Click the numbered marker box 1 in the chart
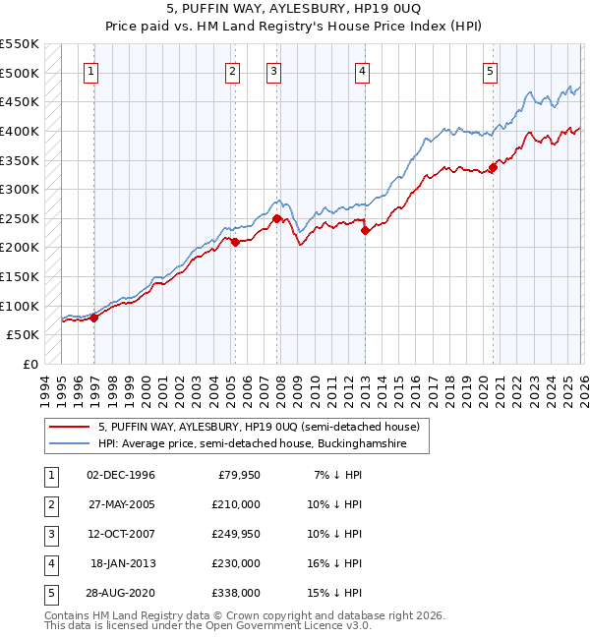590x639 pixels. point(90,70)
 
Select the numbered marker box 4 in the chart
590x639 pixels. point(363,70)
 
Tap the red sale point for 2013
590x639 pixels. point(365,231)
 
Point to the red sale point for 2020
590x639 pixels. point(493,167)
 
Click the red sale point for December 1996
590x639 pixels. point(94,318)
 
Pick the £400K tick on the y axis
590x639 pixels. point(20,131)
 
